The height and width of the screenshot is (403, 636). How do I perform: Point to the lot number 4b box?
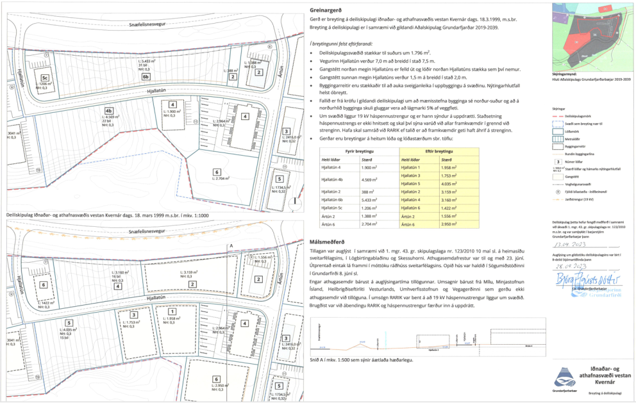[109, 109]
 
